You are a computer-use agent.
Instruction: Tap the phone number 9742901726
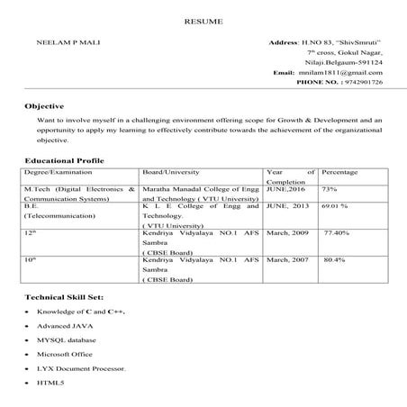point(359,82)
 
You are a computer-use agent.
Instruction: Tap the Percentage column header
point(340,171)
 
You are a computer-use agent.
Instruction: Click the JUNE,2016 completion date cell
point(285,189)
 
